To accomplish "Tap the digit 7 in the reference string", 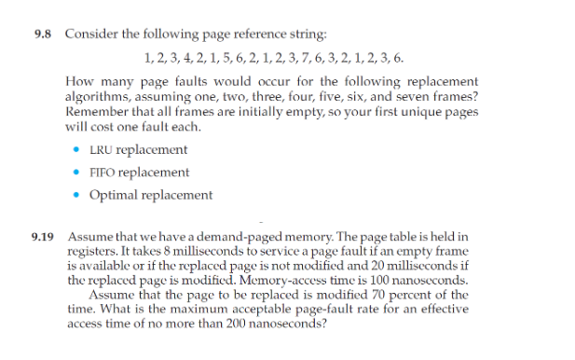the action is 323,58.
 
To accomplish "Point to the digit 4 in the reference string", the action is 185,58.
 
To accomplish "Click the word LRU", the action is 101,149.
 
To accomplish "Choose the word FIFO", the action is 103,173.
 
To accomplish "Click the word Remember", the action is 96,109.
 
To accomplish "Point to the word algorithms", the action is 97,96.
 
